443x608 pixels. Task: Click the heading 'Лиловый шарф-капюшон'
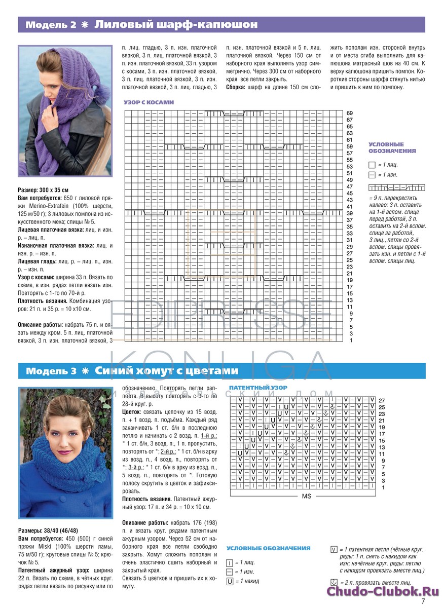click(x=176, y=24)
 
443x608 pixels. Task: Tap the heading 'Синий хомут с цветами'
click(x=167, y=371)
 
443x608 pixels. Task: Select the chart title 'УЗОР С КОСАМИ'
click(x=149, y=102)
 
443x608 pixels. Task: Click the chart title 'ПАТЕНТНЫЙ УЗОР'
click(x=258, y=388)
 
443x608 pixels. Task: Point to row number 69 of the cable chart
click(x=350, y=113)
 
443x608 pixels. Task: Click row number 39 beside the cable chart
click(x=350, y=213)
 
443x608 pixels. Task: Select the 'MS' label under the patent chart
click(x=306, y=497)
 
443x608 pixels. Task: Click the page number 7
click(x=423, y=602)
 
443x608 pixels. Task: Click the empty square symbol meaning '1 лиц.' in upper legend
click(x=372, y=165)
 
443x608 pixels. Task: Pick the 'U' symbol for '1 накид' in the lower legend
click(x=230, y=581)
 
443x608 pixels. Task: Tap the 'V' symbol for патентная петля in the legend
click(x=334, y=549)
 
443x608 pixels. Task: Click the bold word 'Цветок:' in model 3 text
click(x=134, y=412)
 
